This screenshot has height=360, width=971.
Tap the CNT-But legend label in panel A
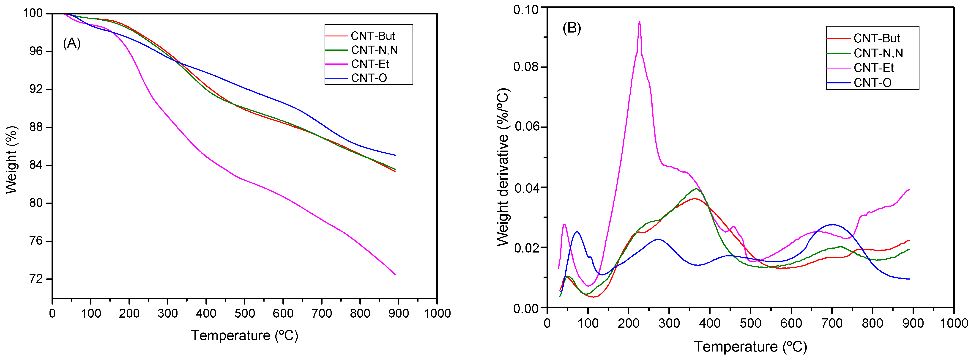pos(373,36)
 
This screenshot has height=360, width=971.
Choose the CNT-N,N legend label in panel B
pos(878,53)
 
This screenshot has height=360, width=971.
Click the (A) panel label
pos(72,44)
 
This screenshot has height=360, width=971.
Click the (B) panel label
pos(572,28)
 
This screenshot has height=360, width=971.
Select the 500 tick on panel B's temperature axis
pos(750,323)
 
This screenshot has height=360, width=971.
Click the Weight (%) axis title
pos(12,160)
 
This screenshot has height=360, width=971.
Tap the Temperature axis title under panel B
pos(750,347)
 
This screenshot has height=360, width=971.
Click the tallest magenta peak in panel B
pos(639,22)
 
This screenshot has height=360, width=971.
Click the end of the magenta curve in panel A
pos(395,275)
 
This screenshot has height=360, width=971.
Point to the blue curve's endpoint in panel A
pos(395,155)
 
